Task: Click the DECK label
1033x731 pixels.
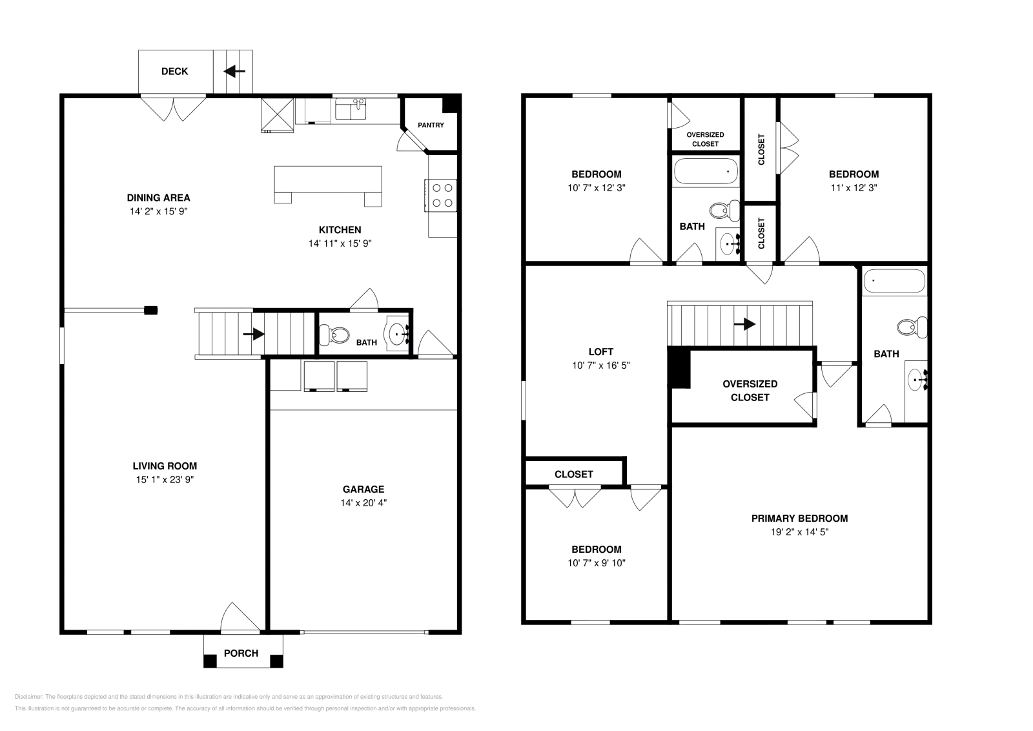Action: [174, 72]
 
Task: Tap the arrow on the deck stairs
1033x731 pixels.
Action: [234, 72]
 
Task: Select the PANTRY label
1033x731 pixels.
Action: [431, 125]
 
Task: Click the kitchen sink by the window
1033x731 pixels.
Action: [351, 109]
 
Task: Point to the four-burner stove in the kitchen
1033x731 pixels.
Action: [441, 195]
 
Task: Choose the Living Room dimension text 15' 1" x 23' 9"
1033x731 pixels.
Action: [165, 480]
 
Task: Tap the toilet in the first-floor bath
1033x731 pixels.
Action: [334, 335]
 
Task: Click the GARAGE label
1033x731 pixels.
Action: [363, 489]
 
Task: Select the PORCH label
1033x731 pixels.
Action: [241, 654]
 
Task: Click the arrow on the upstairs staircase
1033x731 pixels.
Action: [744, 324]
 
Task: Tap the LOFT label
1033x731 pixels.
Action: [601, 352]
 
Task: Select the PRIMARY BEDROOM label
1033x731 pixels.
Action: [800, 519]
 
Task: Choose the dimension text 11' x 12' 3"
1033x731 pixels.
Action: [854, 188]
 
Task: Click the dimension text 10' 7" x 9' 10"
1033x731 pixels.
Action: [597, 562]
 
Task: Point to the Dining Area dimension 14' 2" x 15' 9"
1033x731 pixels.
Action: [159, 211]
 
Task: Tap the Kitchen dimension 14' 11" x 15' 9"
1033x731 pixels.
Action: [340, 243]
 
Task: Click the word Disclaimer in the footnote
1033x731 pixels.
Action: [28, 697]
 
